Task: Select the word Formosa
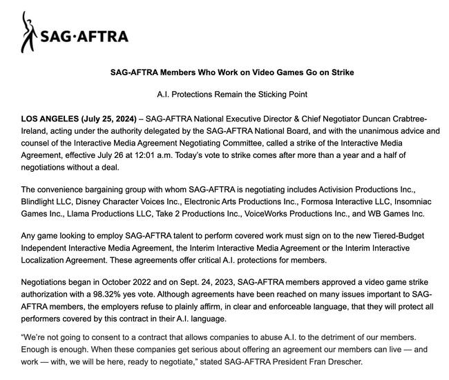[321, 202]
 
